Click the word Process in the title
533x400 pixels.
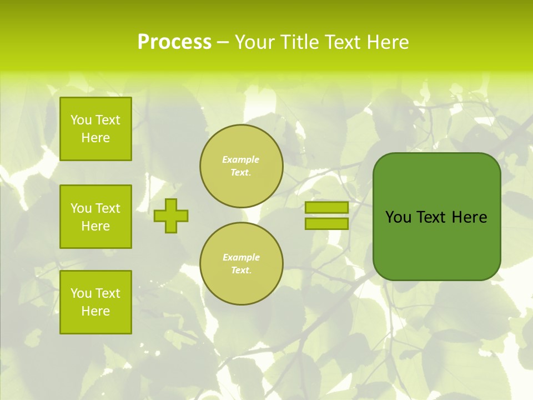(x=174, y=42)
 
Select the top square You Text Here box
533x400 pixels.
(x=95, y=129)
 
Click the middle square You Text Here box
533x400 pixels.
(x=95, y=217)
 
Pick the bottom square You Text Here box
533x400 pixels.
(x=95, y=302)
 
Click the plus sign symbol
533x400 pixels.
(x=171, y=216)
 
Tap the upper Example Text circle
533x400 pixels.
(x=242, y=166)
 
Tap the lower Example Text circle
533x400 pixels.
(x=242, y=263)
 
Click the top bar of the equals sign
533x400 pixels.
(x=326, y=207)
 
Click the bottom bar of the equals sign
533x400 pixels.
(x=326, y=223)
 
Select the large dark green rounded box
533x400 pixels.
(x=436, y=244)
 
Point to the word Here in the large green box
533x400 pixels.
(x=469, y=217)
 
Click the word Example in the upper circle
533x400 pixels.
(x=241, y=159)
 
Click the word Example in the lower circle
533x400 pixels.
(x=241, y=257)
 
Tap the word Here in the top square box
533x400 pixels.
(x=95, y=138)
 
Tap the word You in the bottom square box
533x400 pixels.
(x=81, y=293)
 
